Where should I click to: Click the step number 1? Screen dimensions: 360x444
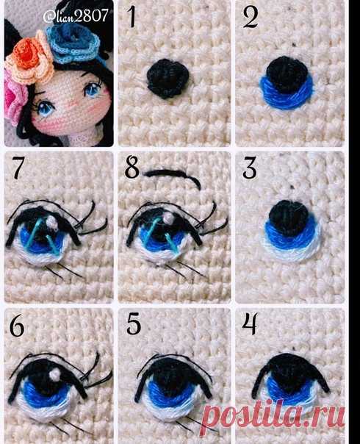point(132,16)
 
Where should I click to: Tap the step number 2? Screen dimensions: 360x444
point(251,17)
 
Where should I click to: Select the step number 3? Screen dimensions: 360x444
point(250,168)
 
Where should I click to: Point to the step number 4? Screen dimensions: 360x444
point(250,323)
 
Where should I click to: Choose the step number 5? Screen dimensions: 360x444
point(134,323)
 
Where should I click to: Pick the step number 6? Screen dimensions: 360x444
point(17,326)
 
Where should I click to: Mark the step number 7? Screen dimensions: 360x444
point(17,168)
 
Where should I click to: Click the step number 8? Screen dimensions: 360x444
point(132,168)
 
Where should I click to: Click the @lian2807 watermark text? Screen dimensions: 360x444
point(76,15)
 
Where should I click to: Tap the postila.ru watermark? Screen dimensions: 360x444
point(274,416)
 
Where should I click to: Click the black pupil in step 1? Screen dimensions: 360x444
point(168,79)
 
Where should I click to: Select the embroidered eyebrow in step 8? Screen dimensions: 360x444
point(173,176)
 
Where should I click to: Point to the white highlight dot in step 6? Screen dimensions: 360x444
point(54,374)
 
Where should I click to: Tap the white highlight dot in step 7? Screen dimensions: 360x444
point(52,221)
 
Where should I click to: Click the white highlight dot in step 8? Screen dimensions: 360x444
point(168,218)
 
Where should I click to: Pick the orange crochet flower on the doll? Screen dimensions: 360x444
point(29,58)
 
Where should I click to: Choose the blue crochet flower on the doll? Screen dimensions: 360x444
point(73,43)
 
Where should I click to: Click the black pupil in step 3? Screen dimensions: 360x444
point(289,218)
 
